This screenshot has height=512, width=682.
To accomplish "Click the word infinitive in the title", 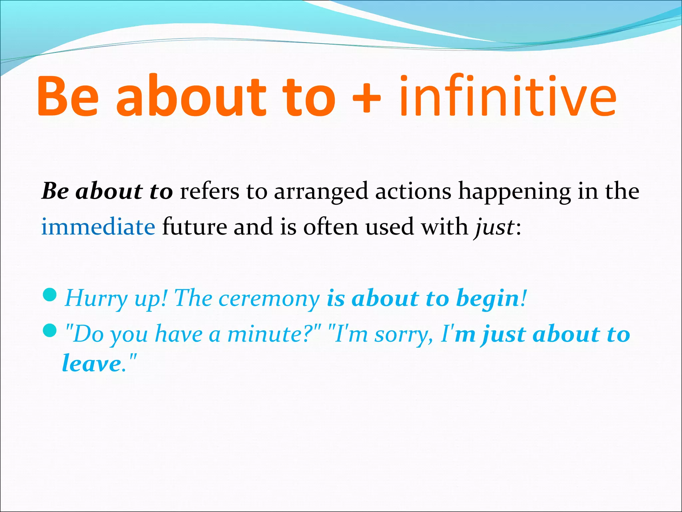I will click(x=508, y=97).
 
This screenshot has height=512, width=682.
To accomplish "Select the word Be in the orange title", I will click(x=68, y=97).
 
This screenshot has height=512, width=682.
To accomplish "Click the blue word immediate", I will click(x=98, y=227).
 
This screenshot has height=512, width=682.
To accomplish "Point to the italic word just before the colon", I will click(x=494, y=227).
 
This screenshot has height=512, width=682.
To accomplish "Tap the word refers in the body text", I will click(x=209, y=191).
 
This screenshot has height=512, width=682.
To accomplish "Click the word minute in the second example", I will click(x=265, y=334).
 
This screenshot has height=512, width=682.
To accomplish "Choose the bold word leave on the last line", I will click(x=92, y=363).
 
